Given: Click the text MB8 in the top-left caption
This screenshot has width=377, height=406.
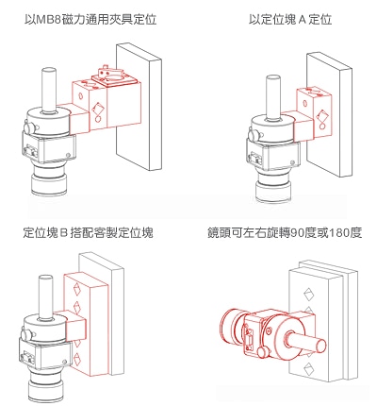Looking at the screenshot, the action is (x=50, y=20).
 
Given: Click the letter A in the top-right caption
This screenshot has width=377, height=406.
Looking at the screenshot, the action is (x=302, y=20).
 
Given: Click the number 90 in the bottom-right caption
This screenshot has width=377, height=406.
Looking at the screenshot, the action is (x=297, y=232).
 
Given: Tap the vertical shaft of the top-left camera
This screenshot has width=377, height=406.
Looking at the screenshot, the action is (x=49, y=89).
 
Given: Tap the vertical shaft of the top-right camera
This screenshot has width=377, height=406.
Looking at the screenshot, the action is (x=272, y=96).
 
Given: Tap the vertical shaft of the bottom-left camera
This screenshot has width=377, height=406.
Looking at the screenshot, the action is (x=45, y=296).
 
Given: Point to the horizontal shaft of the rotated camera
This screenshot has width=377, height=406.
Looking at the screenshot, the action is (x=307, y=341).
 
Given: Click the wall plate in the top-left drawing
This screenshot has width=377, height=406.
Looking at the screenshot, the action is (x=139, y=107).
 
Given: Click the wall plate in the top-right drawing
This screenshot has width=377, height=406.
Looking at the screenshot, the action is (x=329, y=114).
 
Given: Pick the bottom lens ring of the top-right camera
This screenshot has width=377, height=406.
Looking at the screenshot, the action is (x=273, y=192).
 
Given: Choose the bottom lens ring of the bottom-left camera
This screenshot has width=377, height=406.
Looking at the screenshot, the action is (x=45, y=392).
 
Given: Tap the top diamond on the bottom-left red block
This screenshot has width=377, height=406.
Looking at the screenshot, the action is (x=76, y=290).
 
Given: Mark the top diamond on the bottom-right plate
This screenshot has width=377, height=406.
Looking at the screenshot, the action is (x=309, y=295).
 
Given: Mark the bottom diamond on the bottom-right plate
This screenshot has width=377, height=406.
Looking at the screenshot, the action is (x=308, y=368).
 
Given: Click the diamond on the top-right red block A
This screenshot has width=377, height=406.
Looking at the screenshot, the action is (x=322, y=116).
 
